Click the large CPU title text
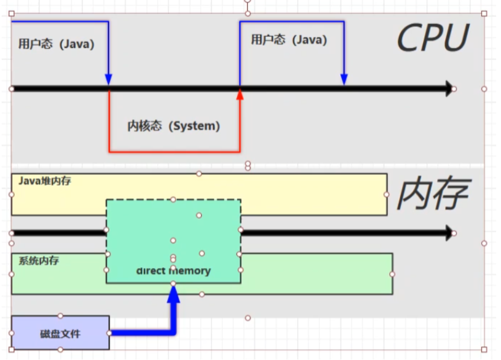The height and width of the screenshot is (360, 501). (x=432, y=38)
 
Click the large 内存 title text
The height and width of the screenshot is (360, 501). (x=432, y=195)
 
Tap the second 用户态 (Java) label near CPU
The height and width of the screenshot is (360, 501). (x=289, y=40)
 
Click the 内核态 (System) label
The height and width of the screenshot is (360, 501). (x=174, y=126)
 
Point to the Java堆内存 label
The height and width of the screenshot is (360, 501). (x=44, y=181)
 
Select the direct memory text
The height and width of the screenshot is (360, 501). (x=173, y=270)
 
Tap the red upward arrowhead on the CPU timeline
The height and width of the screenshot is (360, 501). (x=240, y=94)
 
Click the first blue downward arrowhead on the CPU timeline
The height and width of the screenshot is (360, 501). (x=109, y=80)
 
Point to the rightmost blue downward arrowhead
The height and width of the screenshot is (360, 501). (x=344, y=80)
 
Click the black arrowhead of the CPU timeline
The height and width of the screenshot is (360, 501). (x=449, y=88)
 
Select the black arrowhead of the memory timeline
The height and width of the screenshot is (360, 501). (x=449, y=233)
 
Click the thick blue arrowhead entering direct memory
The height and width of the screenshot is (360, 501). (x=173, y=292)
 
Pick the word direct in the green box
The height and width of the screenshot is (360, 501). (x=151, y=270)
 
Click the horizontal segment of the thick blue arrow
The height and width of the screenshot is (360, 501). (x=141, y=332)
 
